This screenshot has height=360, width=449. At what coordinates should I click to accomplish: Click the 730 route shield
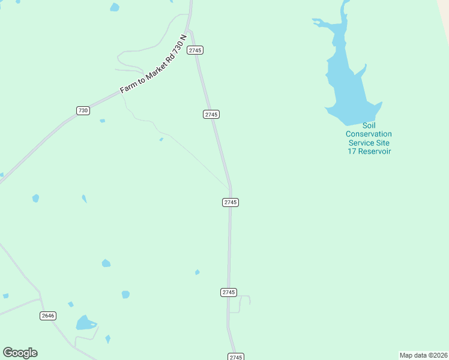click(x=83, y=110)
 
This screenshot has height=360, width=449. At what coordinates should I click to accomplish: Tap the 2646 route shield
click(x=48, y=316)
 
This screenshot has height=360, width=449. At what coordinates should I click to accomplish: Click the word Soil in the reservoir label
click(x=369, y=125)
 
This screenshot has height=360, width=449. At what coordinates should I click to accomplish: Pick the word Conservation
click(x=369, y=134)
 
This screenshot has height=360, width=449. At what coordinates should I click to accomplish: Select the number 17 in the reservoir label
click(x=352, y=151)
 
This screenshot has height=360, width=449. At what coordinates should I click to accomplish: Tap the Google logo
click(x=20, y=353)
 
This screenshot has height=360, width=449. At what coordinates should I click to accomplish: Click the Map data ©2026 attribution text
click(x=423, y=355)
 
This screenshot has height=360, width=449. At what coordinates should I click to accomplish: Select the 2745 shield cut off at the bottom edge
click(x=236, y=357)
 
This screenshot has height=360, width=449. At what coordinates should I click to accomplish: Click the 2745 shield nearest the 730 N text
click(x=195, y=50)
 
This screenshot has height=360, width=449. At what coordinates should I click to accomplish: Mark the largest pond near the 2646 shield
click(x=85, y=323)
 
